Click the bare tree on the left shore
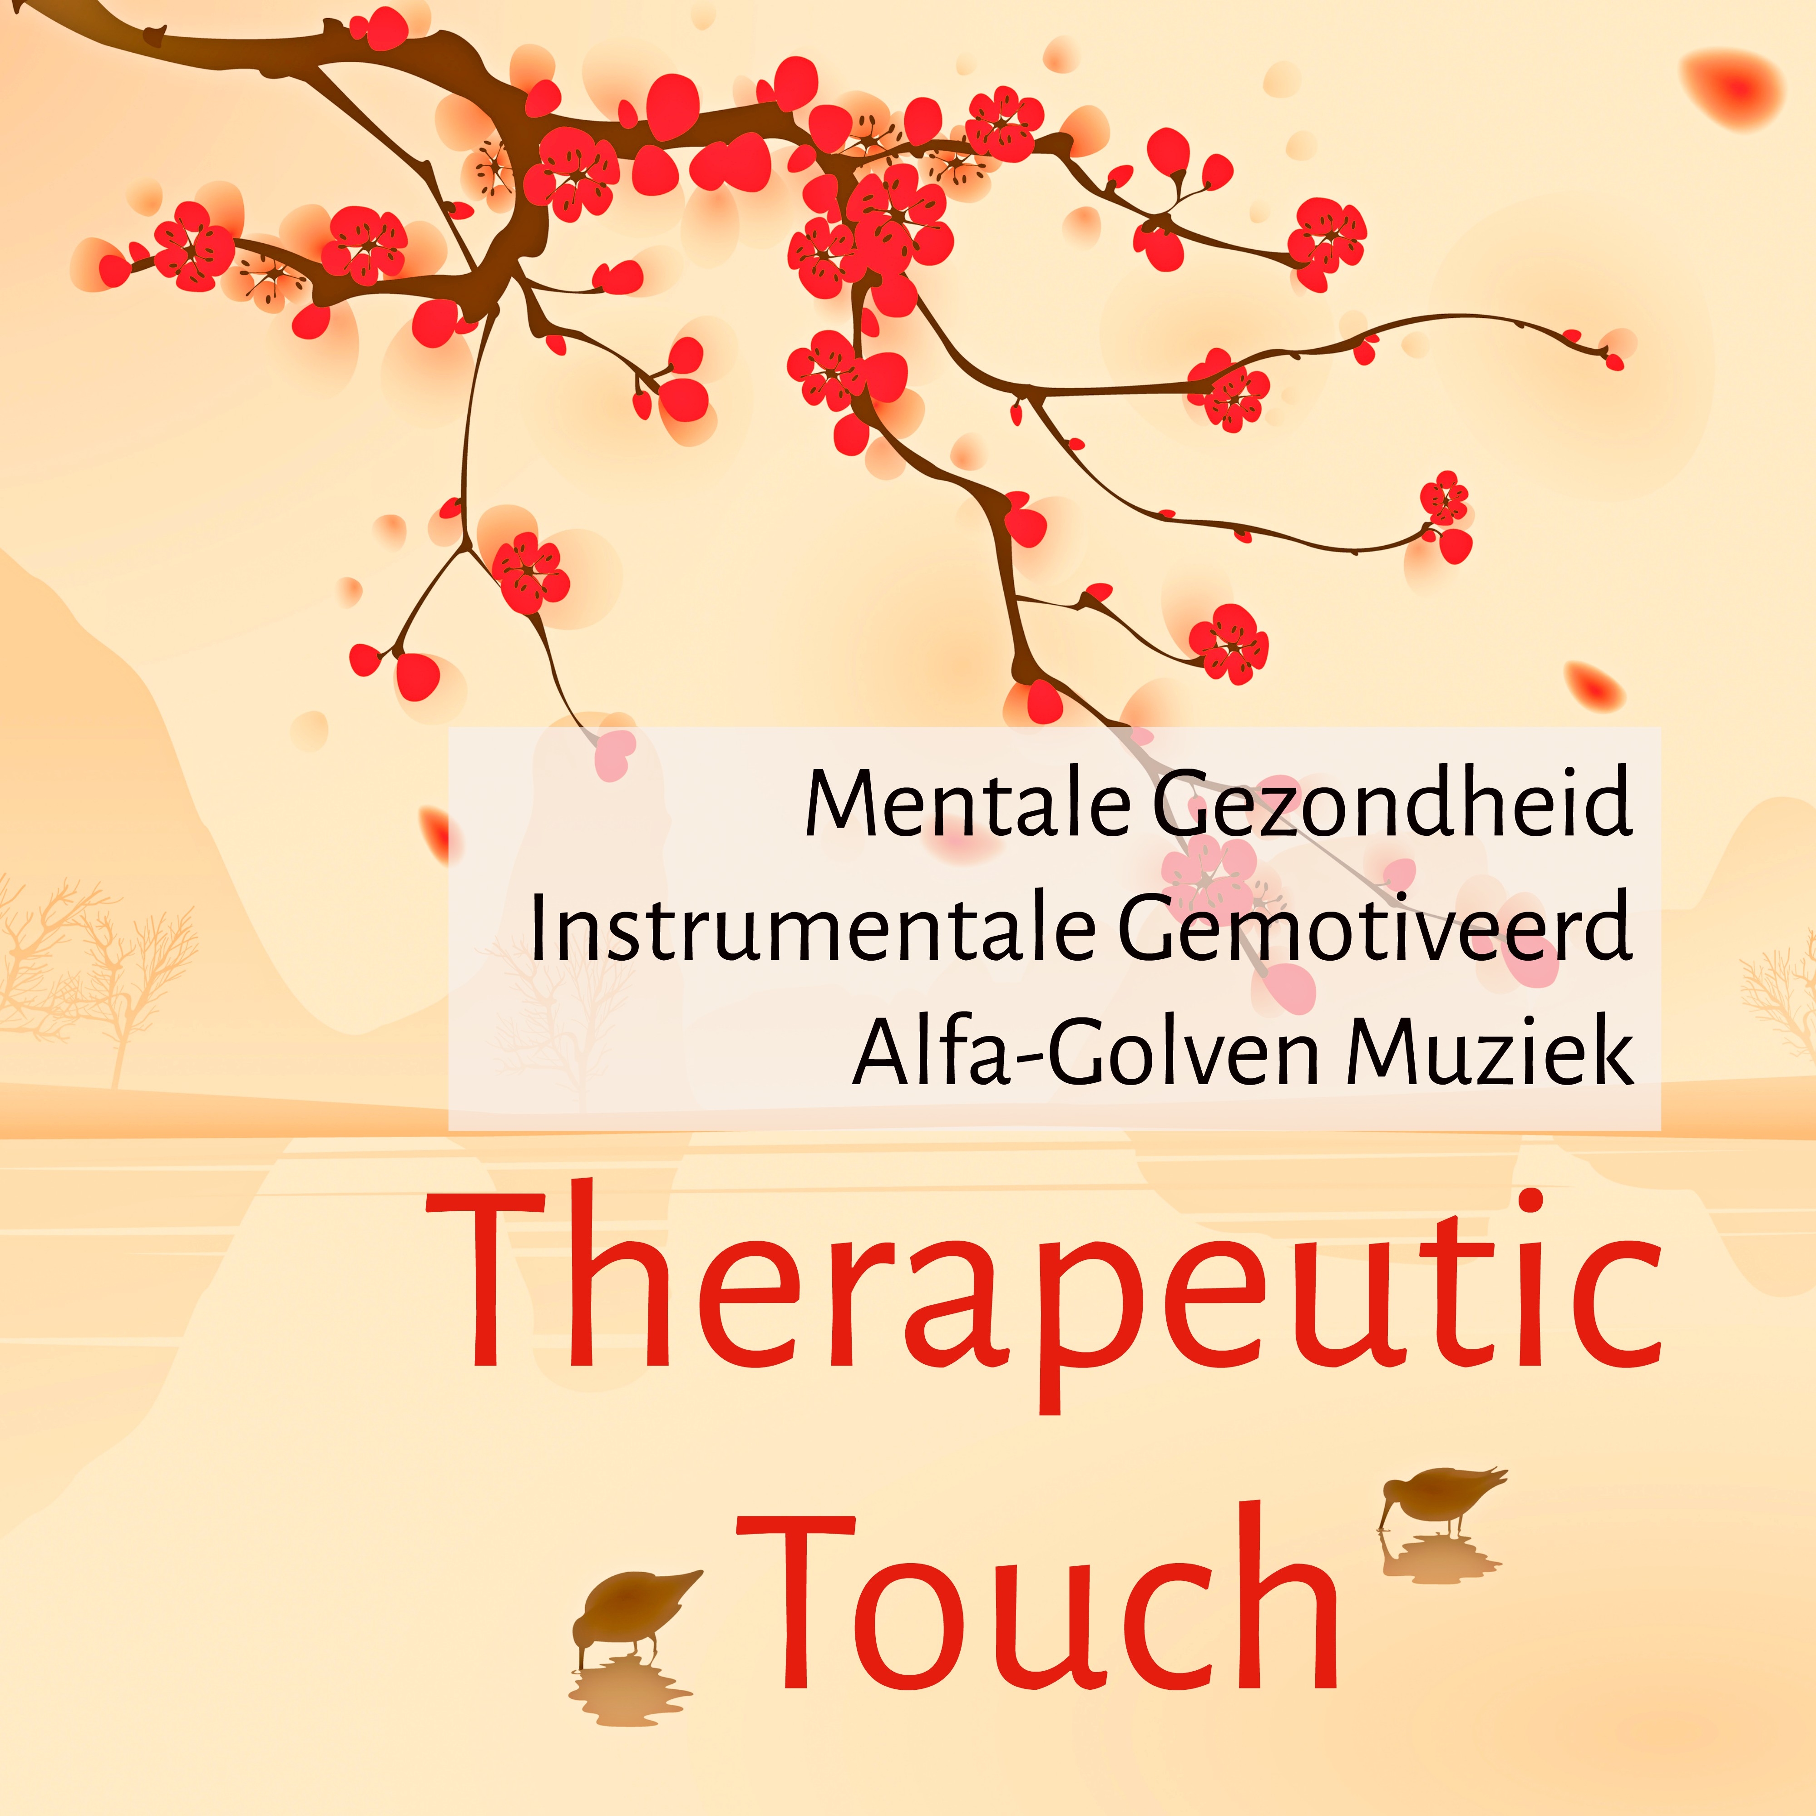click(x=104, y=968)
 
